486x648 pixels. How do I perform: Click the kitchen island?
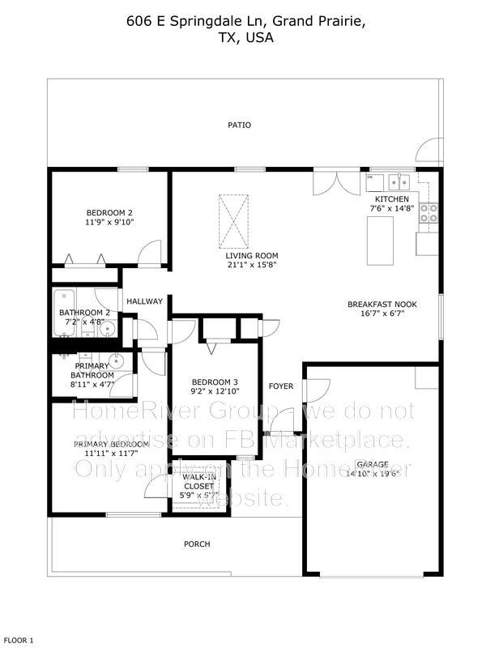382,241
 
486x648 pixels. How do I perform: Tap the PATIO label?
239,126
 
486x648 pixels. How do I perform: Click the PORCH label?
198,544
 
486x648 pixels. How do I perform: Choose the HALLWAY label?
144,301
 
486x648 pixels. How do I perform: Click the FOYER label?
281,386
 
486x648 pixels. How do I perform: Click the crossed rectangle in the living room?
230,222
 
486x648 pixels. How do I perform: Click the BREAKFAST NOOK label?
382,305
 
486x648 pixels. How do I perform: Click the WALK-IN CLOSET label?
198,481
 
